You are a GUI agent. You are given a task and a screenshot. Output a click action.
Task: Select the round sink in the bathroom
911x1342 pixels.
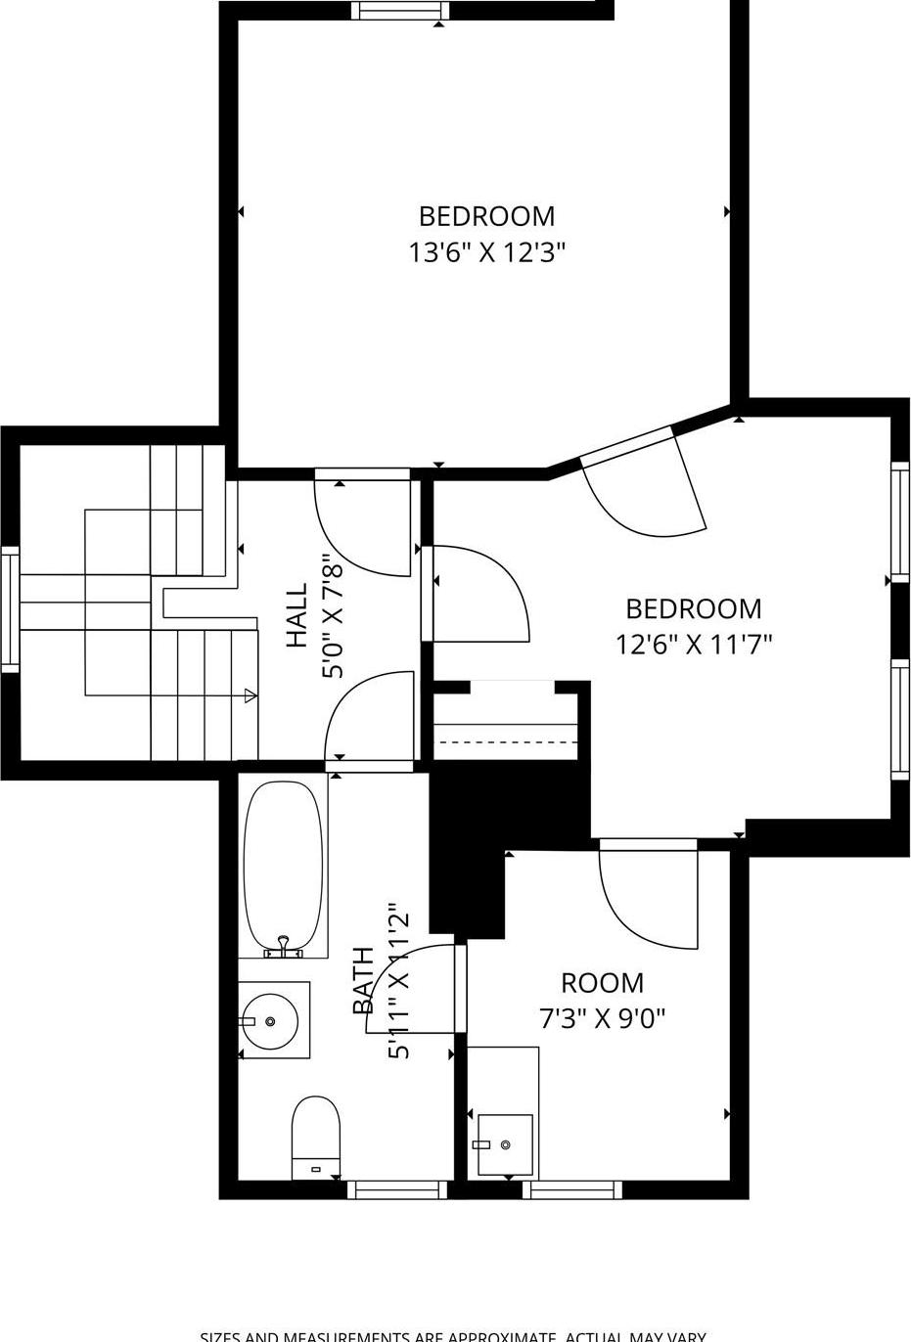[x=275, y=1020]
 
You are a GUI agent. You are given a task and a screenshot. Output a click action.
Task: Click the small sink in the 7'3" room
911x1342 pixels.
[x=505, y=1143]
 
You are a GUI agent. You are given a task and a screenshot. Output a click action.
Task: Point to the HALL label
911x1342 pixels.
[x=296, y=616]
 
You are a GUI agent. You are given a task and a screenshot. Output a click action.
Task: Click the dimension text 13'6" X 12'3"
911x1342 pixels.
[x=487, y=253]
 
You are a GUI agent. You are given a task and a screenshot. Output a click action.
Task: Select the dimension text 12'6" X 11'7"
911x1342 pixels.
[x=694, y=645]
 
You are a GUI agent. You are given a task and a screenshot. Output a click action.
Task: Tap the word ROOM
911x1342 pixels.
[x=602, y=982]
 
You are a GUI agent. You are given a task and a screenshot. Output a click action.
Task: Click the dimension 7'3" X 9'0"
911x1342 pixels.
[x=602, y=1019]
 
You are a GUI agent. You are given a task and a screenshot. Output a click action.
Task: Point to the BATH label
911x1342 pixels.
[x=363, y=981]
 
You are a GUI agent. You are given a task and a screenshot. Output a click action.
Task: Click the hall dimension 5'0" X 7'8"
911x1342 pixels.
[x=333, y=616]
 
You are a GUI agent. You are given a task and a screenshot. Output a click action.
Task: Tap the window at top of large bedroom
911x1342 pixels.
[x=400, y=11]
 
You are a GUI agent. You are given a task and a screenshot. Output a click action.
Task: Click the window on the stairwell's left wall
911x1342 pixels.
[x=10, y=609]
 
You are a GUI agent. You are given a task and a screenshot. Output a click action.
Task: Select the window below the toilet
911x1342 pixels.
[x=397, y=1189]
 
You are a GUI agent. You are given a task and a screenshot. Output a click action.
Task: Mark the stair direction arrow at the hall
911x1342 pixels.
[x=251, y=695]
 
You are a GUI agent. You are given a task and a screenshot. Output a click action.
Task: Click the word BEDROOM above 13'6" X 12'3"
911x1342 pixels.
[x=487, y=216]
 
